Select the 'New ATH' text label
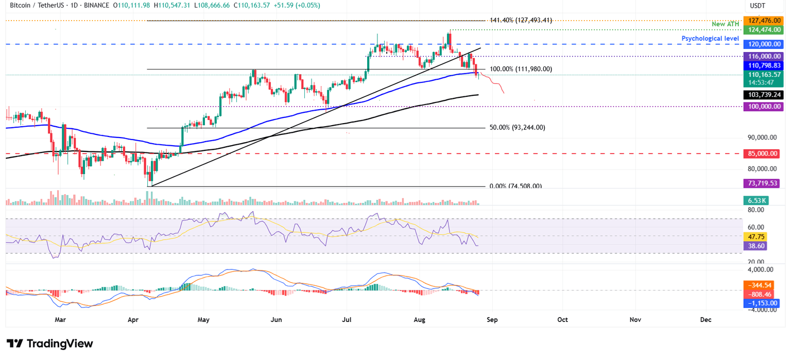tap(725, 24)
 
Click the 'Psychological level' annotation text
tap(710, 39)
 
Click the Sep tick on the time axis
tap(492, 320)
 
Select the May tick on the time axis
tap(204, 320)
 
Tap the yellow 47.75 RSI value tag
tap(755, 237)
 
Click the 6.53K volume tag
tap(755, 201)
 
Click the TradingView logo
tap(49, 344)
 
